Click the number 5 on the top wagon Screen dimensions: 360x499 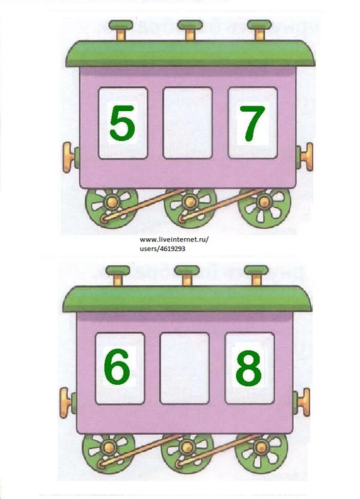pyautogui.click(x=122, y=123)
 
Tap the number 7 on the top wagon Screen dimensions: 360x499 pyautogui.click(x=252, y=123)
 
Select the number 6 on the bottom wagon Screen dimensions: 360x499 pyautogui.click(x=117, y=366)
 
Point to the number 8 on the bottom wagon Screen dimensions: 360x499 pyautogui.click(x=249, y=369)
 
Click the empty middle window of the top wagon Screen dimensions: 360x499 pyautogui.click(x=187, y=123)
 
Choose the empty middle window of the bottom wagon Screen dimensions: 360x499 pyautogui.click(x=185, y=369)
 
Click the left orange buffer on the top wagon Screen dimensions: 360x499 pyautogui.click(x=68, y=158)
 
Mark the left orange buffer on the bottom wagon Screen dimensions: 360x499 pyautogui.click(x=66, y=403)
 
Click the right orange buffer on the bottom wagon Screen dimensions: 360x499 pyautogui.click(x=304, y=402)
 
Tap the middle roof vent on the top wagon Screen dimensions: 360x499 pyautogui.click(x=190, y=30)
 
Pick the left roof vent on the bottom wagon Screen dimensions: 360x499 pyautogui.click(x=118, y=276)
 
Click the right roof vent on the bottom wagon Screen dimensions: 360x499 pyautogui.click(x=256, y=276)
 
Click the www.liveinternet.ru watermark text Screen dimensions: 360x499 pyautogui.click(x=174, y=240)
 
